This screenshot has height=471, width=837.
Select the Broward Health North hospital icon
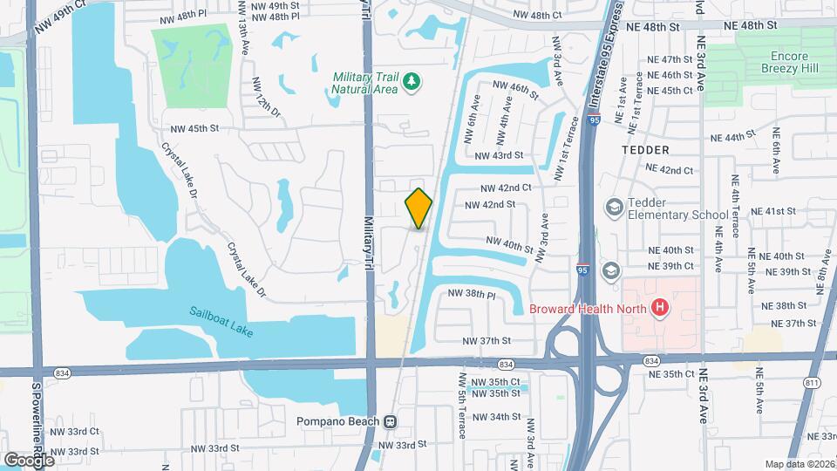pos(660,307)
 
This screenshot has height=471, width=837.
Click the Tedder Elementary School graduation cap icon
pos(614,207)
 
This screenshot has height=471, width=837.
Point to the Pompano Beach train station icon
pos(390,421)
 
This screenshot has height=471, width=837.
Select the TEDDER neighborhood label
pos(646,150)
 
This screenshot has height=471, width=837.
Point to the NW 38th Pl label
pos(472,295)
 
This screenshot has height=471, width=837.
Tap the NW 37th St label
pos(486,340)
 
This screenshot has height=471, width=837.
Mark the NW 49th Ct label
pos(61,17)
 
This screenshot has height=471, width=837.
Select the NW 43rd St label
pos(500,155)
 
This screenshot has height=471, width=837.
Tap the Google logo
pos(29,460)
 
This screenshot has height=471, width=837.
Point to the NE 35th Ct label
pos(670,373)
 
